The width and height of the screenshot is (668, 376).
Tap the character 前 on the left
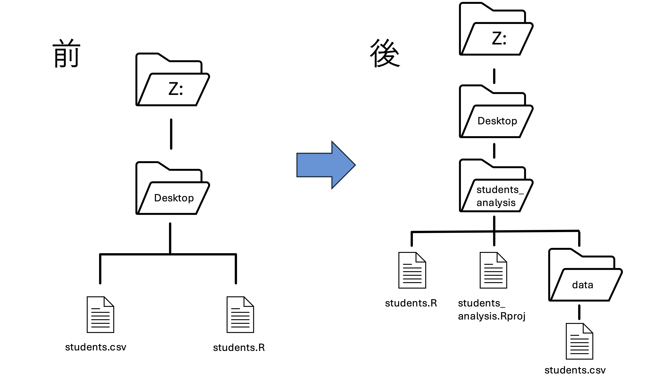pyautogui.click(x=67, y=54)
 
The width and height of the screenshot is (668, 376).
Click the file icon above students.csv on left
pyautogui.click(x=100, y=315)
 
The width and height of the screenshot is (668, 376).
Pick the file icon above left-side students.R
pyautogui.click(x=240, y=315)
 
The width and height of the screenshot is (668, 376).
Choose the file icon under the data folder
pyautogui.click(x=579, y=341)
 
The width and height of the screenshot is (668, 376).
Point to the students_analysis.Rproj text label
pyautogui.click(x=491, y=309)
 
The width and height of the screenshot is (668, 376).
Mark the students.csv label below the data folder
pyautogui.click(x=575, y=370)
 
